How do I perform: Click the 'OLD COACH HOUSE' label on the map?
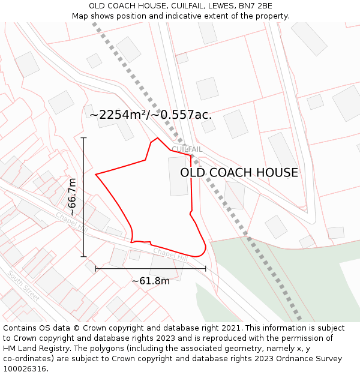239,173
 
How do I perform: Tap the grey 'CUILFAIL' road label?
187,149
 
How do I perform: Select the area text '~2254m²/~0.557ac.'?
151,115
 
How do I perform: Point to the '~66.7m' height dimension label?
72,197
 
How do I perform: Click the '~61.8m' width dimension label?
151,281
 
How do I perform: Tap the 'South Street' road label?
24,286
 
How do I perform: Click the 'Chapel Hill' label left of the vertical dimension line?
71,222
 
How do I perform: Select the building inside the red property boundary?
178,176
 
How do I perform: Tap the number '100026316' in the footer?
26,369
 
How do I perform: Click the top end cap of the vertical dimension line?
84,138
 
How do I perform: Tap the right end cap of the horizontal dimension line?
206,269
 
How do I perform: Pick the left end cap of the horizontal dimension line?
96,269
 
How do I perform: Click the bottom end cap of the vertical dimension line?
84,256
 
